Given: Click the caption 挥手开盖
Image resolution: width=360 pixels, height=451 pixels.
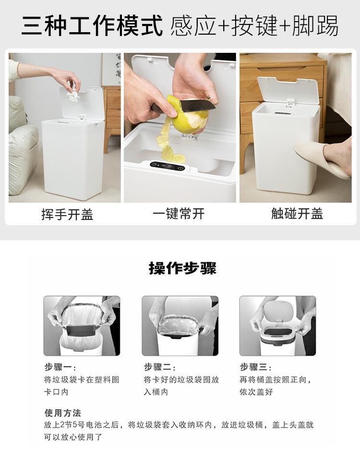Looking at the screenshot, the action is coord(67,214).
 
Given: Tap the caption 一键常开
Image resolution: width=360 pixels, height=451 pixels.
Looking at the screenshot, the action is coord(179,214).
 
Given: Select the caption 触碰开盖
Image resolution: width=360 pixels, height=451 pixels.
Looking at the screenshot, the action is coord(297,214).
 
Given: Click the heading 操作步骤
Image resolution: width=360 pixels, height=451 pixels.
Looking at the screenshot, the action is coord(182,268).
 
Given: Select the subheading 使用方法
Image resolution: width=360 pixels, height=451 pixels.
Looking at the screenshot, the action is coord(63,413).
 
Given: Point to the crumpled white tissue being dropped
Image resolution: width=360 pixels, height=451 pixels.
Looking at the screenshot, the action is coord(73,95).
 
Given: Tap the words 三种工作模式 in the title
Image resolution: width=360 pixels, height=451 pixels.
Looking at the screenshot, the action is coord(92,26).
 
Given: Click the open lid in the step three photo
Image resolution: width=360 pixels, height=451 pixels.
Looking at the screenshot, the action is coord(278,311).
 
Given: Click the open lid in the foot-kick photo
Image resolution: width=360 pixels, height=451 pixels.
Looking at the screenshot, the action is coord(288,90).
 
